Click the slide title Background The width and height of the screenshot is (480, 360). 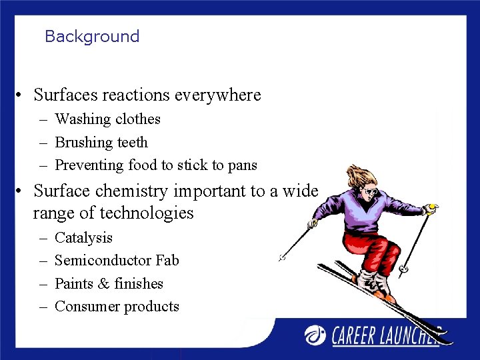pos(92,37)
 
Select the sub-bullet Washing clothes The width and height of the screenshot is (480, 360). pos(107,119)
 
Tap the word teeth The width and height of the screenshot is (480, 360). pos(133,142)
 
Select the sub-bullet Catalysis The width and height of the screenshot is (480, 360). pos(83,238)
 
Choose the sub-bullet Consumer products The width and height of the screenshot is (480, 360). pos(117,307)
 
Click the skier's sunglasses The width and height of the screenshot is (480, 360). pos(370,192)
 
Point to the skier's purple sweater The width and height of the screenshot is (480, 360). pos(377,213)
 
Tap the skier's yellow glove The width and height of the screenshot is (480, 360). pos(432,208)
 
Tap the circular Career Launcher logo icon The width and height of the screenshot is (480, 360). pos(316,335)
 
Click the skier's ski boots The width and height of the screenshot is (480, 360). pos(373,283)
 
